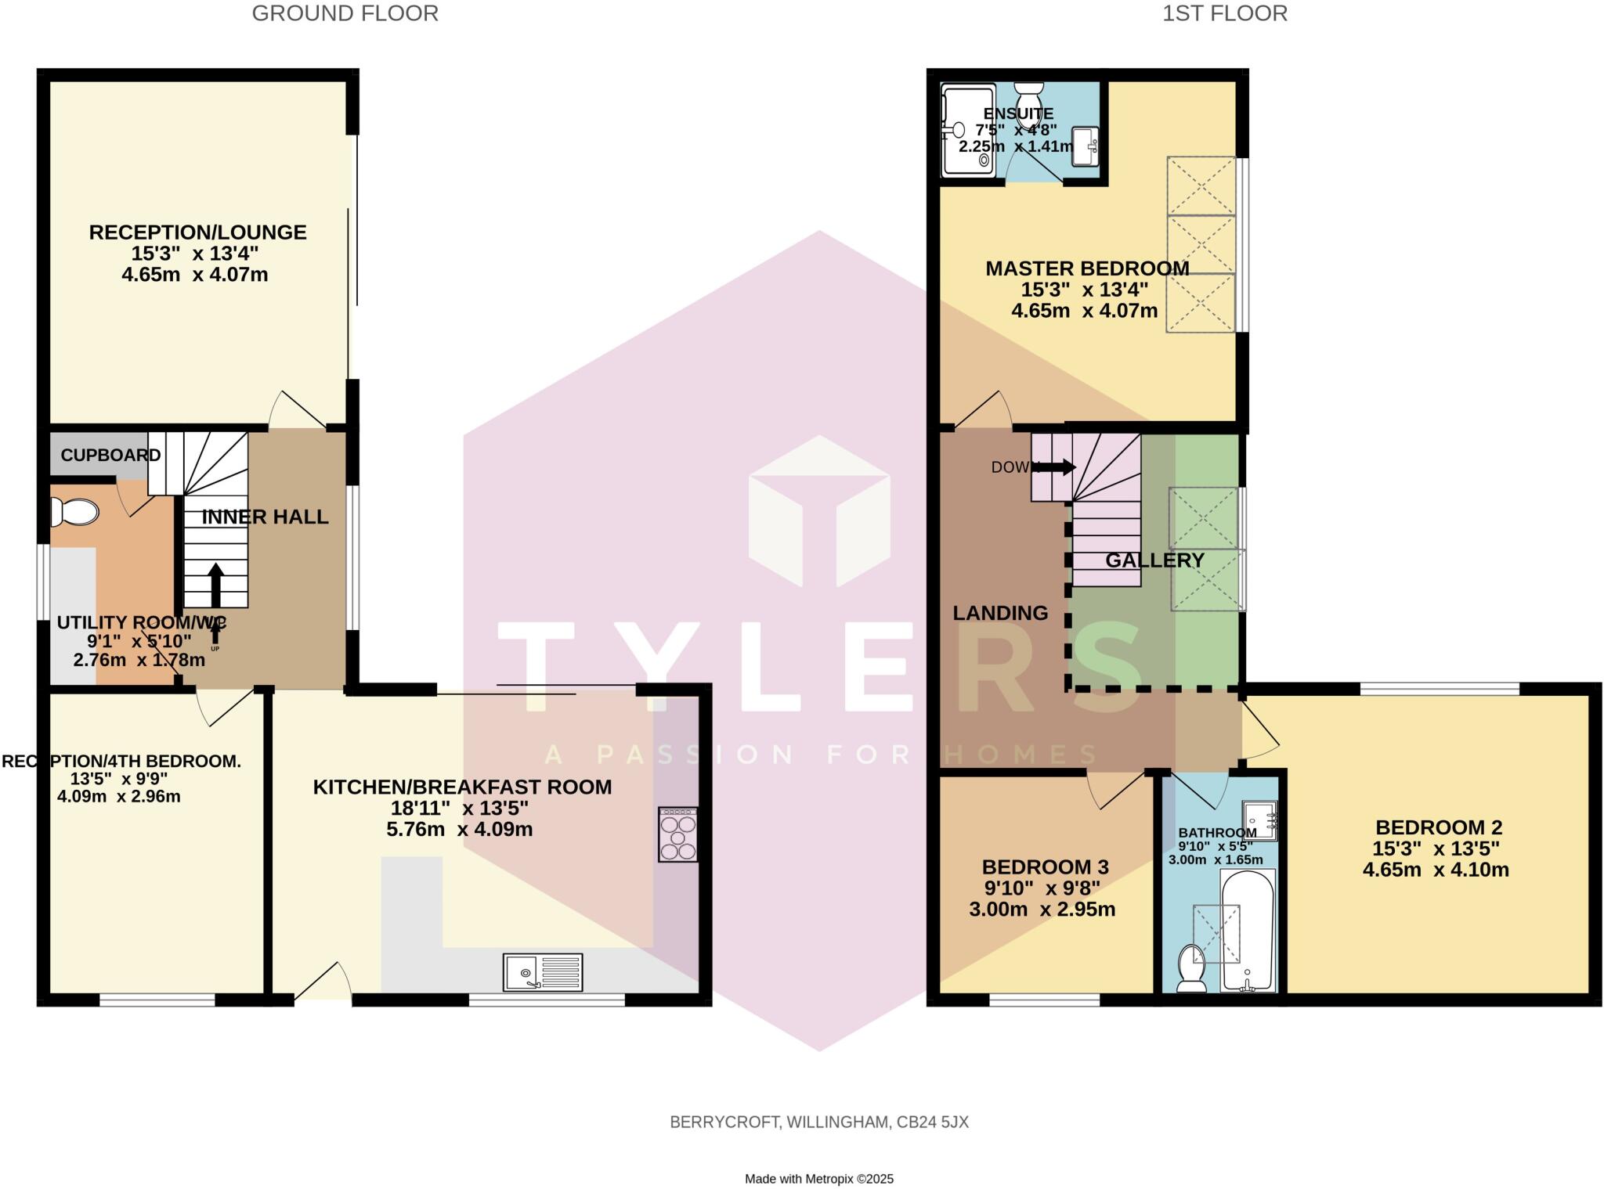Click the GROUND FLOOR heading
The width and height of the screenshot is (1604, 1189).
coord(345,13)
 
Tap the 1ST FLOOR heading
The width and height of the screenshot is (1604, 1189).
coord(1224,13)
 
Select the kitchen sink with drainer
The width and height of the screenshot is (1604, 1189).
coord(543,971)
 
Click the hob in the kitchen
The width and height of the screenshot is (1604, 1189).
coord(677,835)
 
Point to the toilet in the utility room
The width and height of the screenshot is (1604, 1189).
coord(74,512)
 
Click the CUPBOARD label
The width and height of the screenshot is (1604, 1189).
coord(110,455)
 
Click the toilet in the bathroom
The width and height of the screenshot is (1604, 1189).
coord(1191,967)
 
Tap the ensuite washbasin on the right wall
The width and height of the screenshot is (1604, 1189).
coord(1086,146)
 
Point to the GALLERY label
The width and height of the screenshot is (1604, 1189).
coord(1154,560)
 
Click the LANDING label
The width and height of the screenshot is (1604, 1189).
coord(1000,613)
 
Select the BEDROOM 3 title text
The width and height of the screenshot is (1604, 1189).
coord(1045,867)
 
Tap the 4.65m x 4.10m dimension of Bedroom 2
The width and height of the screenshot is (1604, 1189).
coord(1435,870)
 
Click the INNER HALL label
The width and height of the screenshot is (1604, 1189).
coord(265,517)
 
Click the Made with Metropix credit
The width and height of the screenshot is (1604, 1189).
coord(818,1178)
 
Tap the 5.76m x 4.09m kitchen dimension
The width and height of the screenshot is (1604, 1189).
coord(459,829)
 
